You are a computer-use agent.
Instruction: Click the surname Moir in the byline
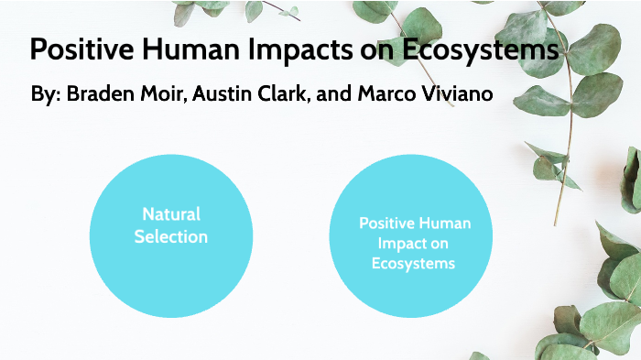point(163,95)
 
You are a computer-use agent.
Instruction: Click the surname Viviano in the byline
point(450,95)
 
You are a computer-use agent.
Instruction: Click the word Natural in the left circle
point(171,213)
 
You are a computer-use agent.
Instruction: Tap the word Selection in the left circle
point(171,236)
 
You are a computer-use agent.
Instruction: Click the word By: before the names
point(44,95)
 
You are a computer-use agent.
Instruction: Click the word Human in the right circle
point(445,223)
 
